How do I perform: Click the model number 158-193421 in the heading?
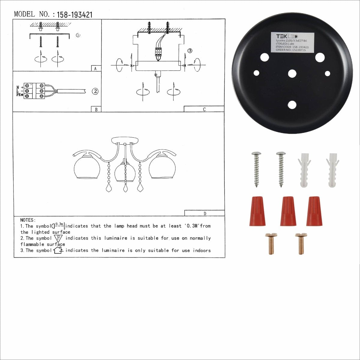tap(75, 15)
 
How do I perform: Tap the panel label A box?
tap(96, 68)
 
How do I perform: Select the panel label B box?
tap(96, 109)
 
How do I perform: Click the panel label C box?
tap(204, 109)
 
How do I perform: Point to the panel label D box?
tap(205, 213)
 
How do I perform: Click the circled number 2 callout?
tap(95, 91)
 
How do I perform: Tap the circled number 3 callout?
tap(190, 51)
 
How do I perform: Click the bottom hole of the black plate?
tap(292, 105)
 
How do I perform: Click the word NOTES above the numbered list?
tap(28, 220)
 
